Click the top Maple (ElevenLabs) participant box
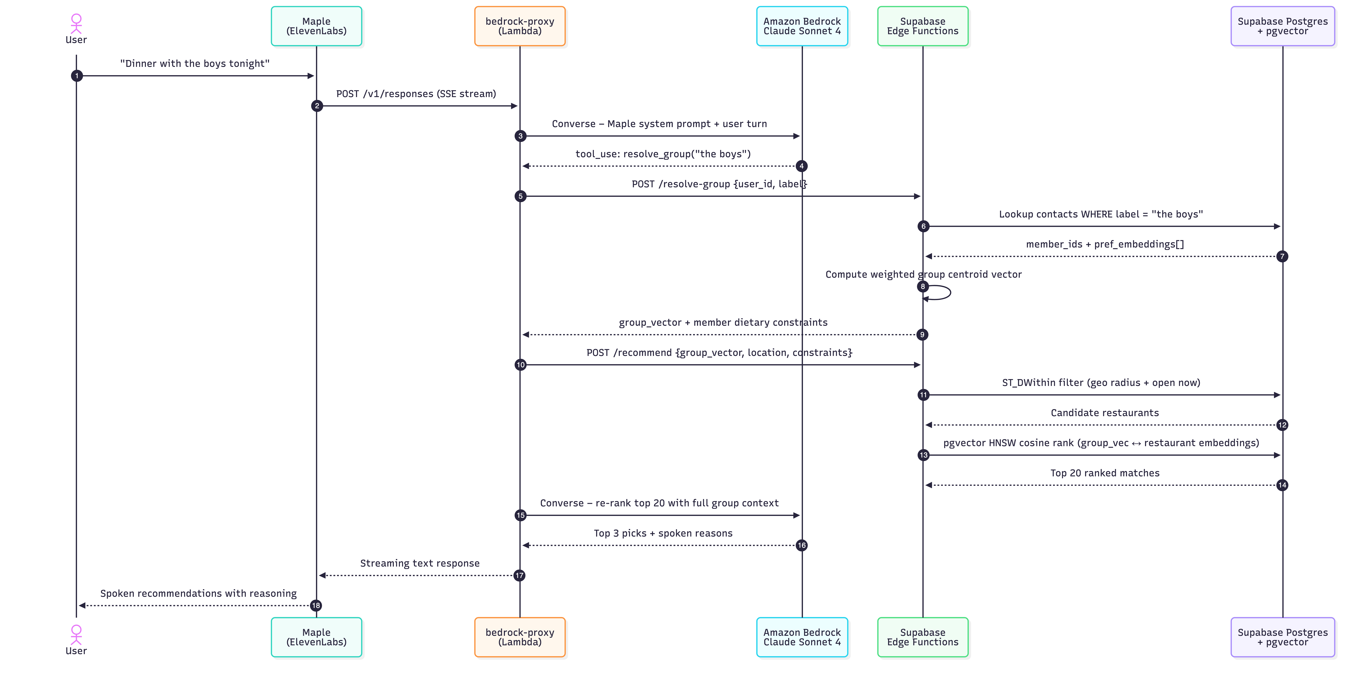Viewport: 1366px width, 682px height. tap(317, 26)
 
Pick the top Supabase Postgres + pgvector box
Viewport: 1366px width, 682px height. tap(1283, 26)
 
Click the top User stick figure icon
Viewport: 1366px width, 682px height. tap(76, 24)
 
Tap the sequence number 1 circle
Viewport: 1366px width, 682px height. tap(77, 76)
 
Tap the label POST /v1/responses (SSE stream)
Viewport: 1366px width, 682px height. tap(416, 94)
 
